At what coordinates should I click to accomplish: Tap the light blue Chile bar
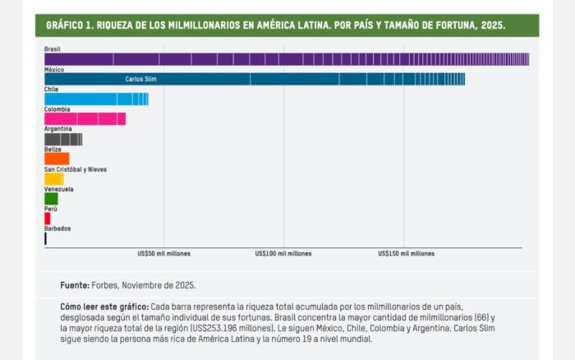(x=95, y=99)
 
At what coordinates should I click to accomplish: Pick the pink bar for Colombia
(x=85, y=119)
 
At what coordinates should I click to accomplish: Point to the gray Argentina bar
(x=63, y=139)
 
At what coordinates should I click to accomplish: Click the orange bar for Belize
(x=57, y=159)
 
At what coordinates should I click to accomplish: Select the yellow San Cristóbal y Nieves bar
(x=53, y=178)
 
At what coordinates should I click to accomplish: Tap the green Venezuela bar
(x=51, y=198)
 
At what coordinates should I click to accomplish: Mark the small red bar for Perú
(x=48, y=219)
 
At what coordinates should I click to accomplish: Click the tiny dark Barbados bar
(x=45, y=238)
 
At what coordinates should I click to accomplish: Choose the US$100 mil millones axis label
(x=283, y=254)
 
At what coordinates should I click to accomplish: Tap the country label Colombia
(x=57, y=109)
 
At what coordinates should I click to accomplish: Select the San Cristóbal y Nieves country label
(x=75, y=169)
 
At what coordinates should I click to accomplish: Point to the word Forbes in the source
(x=105, y=284)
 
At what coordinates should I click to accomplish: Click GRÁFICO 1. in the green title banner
(x=69, y=25)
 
